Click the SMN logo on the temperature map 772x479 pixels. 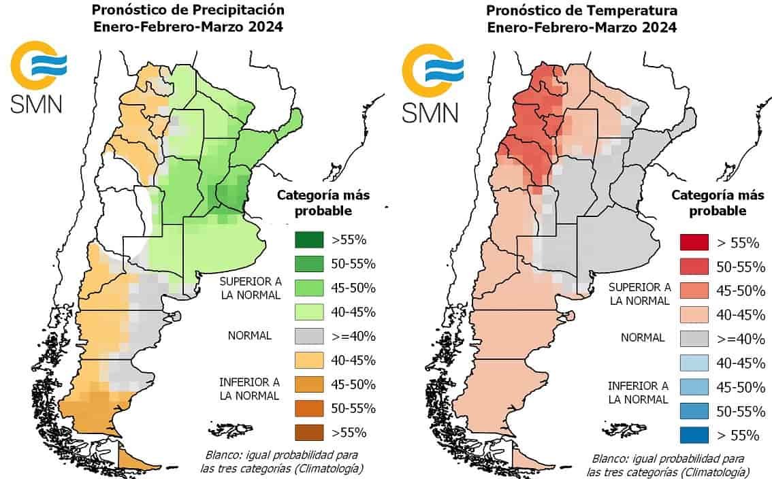(x=432, y=83)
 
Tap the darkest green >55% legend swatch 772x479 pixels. (x=309, y=239)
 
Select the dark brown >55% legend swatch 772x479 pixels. (x=309, y=432)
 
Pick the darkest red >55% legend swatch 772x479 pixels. (x=694, y=242)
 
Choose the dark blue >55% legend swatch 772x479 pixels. (x=694, y=435)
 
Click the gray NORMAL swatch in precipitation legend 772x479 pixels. (x=309, y=336)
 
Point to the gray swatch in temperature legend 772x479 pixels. (x=694, y=339)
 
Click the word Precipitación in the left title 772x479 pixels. (x=239, y=10)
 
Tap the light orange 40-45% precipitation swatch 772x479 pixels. (x=309, y=361)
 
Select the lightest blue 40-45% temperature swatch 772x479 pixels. (x=694, y=363)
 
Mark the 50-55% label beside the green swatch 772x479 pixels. (x=353, y=264)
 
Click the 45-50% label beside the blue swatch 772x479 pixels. (x=741, y=387)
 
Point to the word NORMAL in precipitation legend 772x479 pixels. (x=250, y=335)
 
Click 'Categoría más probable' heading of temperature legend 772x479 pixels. (x=718, y=203)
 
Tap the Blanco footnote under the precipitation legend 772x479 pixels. (x=282, y=461)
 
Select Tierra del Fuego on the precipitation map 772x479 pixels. (x=132, y=461)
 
